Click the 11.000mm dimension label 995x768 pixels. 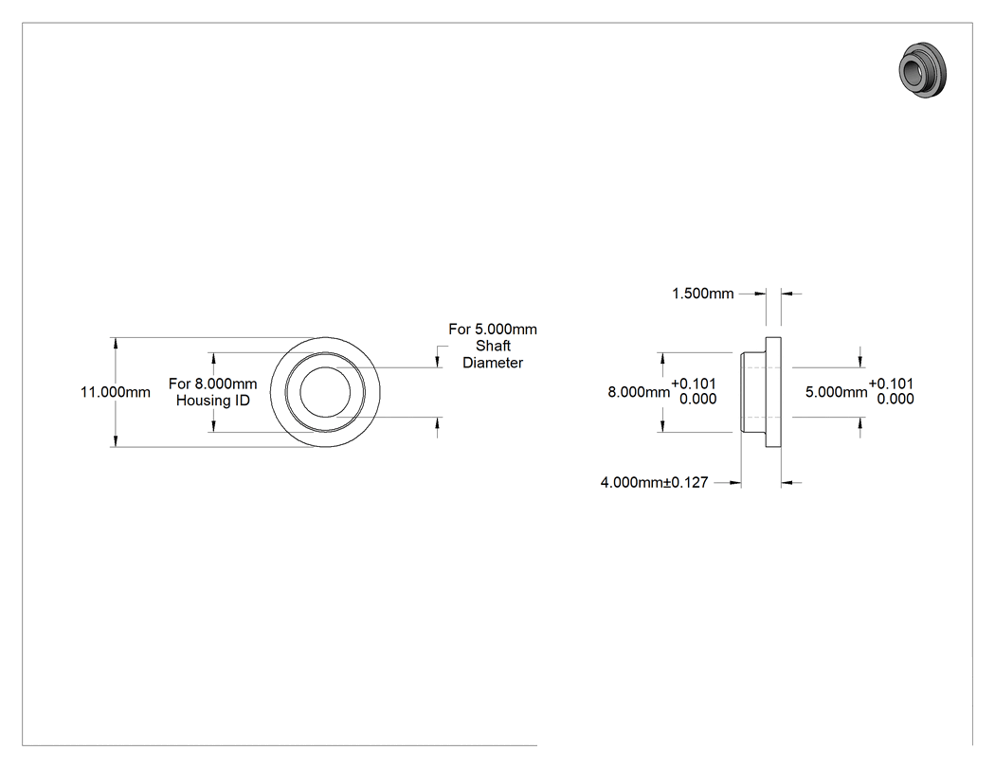click(x=116, y=392)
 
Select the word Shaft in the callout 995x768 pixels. click(x=493, y=346)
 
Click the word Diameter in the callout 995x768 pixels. click(x=493, y=363)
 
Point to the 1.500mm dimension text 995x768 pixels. click(x=702, y=294)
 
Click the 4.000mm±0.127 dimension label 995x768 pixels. click(x=654, y=483)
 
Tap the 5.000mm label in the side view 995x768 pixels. click(x=837, y=392)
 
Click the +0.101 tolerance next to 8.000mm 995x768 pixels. click(x=694, y=384)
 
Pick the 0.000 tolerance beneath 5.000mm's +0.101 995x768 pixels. click(x=895, y=399)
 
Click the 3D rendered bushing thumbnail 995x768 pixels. click(x=922, y=70)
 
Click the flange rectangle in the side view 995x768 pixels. click(x=773, y=392)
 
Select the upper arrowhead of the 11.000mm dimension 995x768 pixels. click(x=116, y=343)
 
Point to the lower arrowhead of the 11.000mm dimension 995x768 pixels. click(x=116, y=441)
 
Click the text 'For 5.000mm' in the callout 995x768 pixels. click(x=493, y=330)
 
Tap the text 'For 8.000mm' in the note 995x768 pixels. click(x=213, y=384)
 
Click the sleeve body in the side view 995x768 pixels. click(x=753, y=392)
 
